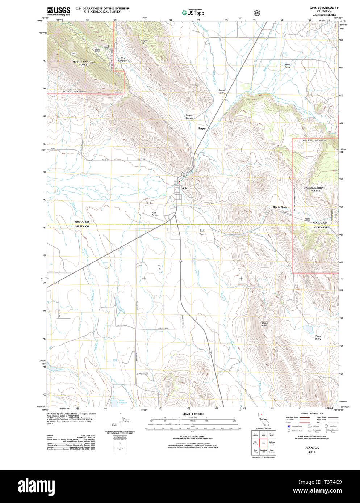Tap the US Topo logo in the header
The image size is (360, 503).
click(x=193, y=13)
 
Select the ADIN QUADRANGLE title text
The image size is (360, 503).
click(x=324, y=8)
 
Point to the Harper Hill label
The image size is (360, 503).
click(x=144, y=42)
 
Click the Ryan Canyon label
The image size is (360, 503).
click(x=123, y=59)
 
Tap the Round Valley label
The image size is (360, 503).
click(x=222, y=91)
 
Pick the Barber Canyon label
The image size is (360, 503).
click(x=189, y=117)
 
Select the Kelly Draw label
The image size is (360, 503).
click(x=287, y=66)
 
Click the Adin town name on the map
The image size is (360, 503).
click(x=185, y=188)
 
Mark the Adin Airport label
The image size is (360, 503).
click(x=155, y=214)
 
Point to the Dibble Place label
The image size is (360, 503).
click(x=280, y=207)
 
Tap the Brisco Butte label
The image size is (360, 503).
click(x=265, y=324)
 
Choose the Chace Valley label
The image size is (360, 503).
click(x=318, y=338)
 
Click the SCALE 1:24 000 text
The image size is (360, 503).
click(x=193, y=414)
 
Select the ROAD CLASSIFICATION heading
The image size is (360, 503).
click(x=312, y=413)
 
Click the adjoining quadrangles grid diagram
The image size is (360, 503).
click(x=263, y=443)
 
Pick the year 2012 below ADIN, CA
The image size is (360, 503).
click(x=312, y=452)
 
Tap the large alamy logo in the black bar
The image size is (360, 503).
click(x=37, y=485)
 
